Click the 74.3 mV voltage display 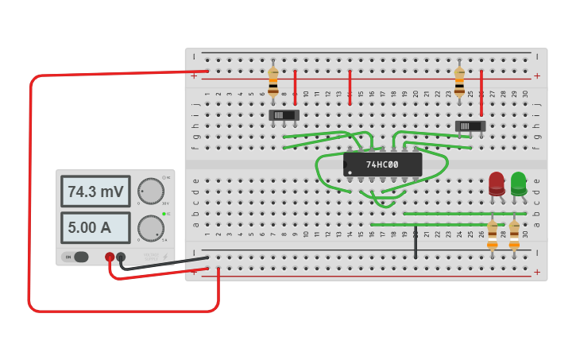click(95, 192)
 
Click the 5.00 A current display click(95, 227)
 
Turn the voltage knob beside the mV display click(151, 192)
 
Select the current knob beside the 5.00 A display click(151, 228)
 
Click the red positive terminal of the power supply click(110, 257)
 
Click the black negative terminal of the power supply click(121, 257)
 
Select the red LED click(497, 184)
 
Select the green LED click(519, 184)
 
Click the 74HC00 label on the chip click(383, 165)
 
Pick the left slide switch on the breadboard click(284, 115)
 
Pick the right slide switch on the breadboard click(470, 126)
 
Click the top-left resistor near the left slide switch click(273, 82)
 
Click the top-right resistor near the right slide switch click(459, 82)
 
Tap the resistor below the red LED click(493, 235)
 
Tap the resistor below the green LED click(514, 235)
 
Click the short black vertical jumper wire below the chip click(416, 242)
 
